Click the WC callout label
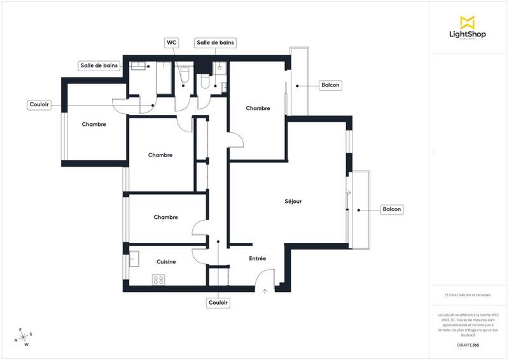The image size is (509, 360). (x=171, y=43)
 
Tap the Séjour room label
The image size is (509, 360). (x=293, y=202)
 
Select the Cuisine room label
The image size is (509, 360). (x=166, y=261)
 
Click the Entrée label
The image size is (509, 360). (x=257, y=258)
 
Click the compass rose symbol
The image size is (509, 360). (x=24, y=336)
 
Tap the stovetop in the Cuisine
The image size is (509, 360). (x=158, y=279)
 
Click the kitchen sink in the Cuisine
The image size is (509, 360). (x=135, y=259)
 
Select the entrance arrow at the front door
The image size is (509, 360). (x=265, y=291)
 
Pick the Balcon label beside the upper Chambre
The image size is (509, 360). (x=330, y=85)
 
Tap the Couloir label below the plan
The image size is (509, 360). (x=218, y=303)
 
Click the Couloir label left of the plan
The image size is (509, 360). (x=39, y=104)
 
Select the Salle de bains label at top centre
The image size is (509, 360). (x=216, y=43)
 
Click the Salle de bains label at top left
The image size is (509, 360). (x=99, y=66)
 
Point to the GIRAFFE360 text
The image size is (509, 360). (x=468, y=344)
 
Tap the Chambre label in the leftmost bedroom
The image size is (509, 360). (x=94, y=124)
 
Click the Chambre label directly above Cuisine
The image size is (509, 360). (x=165, y=217)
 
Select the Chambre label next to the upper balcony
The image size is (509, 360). (x=258, y=108)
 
